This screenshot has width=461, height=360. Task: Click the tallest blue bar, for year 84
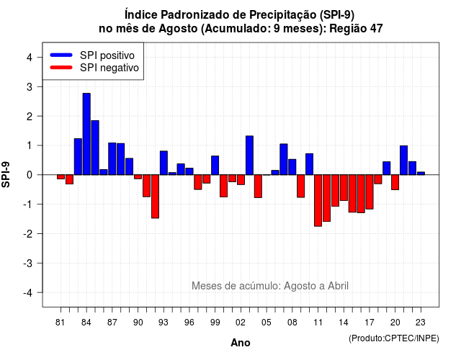(86, 134)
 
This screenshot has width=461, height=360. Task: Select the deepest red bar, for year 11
(318, 200)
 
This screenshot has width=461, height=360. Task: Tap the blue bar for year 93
(164, 163)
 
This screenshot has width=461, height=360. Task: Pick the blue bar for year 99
(215, 166)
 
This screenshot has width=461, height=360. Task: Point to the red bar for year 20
(395, 182)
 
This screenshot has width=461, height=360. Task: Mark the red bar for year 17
(370, 192)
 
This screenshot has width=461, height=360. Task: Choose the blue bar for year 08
(292, 167)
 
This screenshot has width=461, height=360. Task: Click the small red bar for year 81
(61, 176)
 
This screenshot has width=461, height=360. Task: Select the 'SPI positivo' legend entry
(92, 55)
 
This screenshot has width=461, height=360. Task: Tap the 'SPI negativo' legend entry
(94, 68)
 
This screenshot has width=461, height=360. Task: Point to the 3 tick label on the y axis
(30, 86)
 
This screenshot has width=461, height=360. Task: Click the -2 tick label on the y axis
(27, 233)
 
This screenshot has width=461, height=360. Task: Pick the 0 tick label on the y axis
(30, 175)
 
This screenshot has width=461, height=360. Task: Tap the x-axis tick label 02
(241, 323)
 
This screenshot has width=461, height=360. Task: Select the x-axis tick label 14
(344, 323)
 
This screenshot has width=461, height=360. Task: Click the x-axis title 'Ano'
(241, 343)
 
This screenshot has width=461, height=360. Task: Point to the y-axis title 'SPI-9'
(6, 174)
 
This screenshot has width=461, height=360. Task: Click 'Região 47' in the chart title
(356, 29)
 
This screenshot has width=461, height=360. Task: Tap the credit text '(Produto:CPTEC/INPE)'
(394, 338)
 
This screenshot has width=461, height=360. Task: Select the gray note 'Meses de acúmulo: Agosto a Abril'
(270, 286)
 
